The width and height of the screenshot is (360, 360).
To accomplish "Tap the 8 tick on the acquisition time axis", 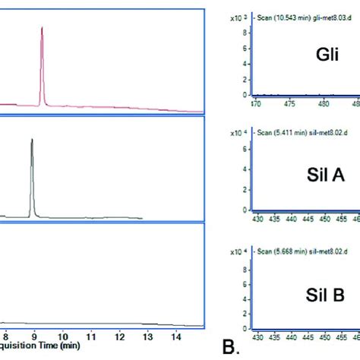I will pos(6,335).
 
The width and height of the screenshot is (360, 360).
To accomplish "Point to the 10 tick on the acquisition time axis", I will pos(64,335).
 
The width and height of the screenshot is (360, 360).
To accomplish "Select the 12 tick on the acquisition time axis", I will pos(121,335).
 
